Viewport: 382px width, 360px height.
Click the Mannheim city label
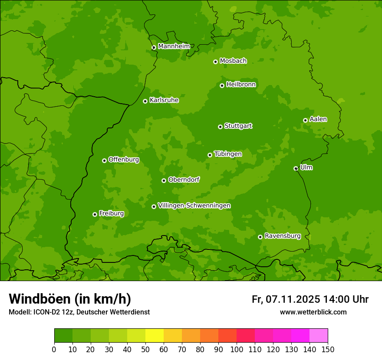point(174,46)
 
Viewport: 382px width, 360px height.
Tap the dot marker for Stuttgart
point(220,127)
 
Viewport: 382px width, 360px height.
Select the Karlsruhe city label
point(164,100)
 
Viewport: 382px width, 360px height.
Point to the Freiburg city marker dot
point(95,214)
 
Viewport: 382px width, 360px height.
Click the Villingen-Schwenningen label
point(194,206)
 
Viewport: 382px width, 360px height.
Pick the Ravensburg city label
point(282,236)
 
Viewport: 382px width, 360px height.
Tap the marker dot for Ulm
point(296,168)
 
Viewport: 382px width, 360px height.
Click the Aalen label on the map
point(318,119)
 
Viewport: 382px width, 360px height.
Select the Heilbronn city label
point(241,85)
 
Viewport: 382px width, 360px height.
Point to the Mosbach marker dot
point(215,62)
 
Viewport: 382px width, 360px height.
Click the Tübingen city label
point(227,154)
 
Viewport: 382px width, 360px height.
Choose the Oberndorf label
point(184,180)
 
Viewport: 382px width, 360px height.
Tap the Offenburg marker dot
point(104,160)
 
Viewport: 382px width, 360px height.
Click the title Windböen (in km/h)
point(70,299)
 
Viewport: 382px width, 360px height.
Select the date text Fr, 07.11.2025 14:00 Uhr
point(310,299)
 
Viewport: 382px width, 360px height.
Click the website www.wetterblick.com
point(313,312)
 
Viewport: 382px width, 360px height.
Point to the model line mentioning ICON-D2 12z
point(79,312)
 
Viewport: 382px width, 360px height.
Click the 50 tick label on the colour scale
point(145,350)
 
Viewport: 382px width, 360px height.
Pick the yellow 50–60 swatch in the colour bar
point(155,336)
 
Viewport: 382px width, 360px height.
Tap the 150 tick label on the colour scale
point(328,350)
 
